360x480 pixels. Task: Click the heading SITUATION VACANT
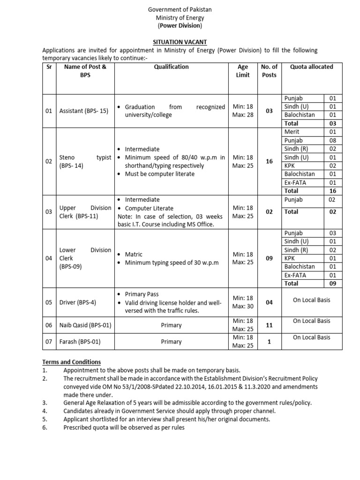tap(180, 42)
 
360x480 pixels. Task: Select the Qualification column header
tap(171, 67)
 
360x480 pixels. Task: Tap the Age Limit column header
tap(243, 71)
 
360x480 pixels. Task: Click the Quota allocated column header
tap(311, 67)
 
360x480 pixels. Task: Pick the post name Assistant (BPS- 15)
tap(84, 111)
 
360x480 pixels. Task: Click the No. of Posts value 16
tap(269, 161)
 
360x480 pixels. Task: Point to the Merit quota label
tap(292, 132)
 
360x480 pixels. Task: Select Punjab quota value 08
tap(333, 141)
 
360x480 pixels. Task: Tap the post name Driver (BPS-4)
tap(78, 302)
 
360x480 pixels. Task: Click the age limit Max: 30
tap(243, 307)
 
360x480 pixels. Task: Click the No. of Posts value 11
tap(269, 325)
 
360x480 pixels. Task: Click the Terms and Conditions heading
tap(72, 362)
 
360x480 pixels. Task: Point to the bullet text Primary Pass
tap(142, 294)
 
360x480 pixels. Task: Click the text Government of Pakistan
tap(180, 9)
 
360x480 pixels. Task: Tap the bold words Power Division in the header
tap(180, 26)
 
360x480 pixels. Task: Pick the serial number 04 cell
tap(49, 258)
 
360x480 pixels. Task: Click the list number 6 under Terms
tap(45, 427)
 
